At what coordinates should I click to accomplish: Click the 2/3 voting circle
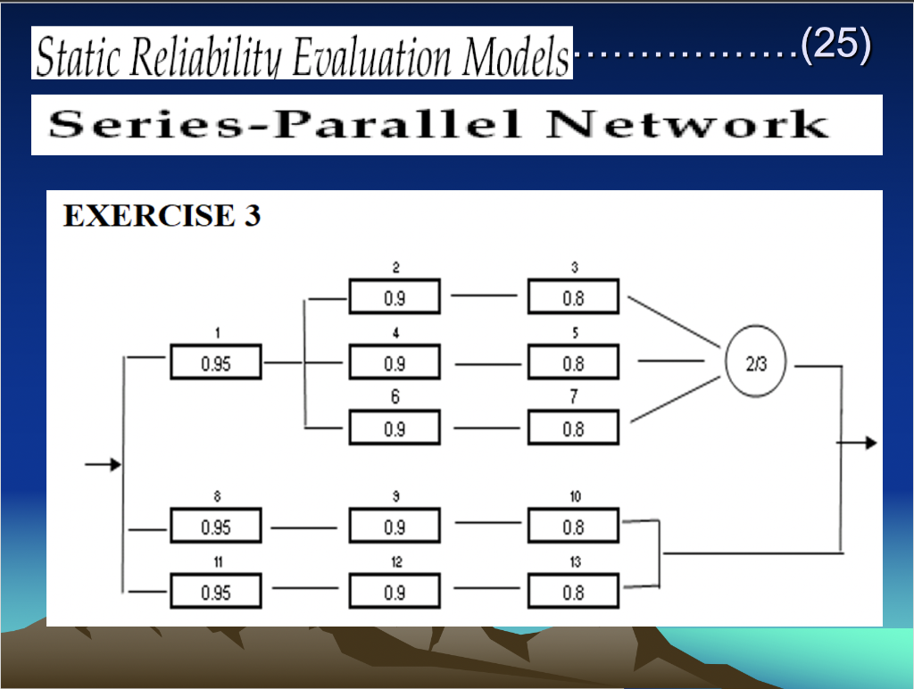(755, 364)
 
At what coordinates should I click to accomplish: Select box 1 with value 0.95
(216, 364)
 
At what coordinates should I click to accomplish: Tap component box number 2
(395, 298)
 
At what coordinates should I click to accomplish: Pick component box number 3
(573, 298)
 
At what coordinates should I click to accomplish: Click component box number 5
(573, 364)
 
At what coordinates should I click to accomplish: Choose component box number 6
(395, 428)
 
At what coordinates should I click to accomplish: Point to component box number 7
(573, 428)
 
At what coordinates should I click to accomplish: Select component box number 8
(216, 527)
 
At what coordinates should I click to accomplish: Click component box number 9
(395, 527)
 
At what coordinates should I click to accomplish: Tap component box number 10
(573, 527)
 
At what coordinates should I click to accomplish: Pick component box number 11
(216, 593)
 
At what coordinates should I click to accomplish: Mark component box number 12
(395, 593)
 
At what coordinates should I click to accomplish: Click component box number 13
(573, 593)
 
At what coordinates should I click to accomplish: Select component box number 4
(395, 364)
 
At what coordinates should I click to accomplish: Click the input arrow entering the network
(102, 465)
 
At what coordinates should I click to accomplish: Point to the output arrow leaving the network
(860, 444)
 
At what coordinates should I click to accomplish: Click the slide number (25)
(835, 46)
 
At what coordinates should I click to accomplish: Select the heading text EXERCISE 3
(162, 217)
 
